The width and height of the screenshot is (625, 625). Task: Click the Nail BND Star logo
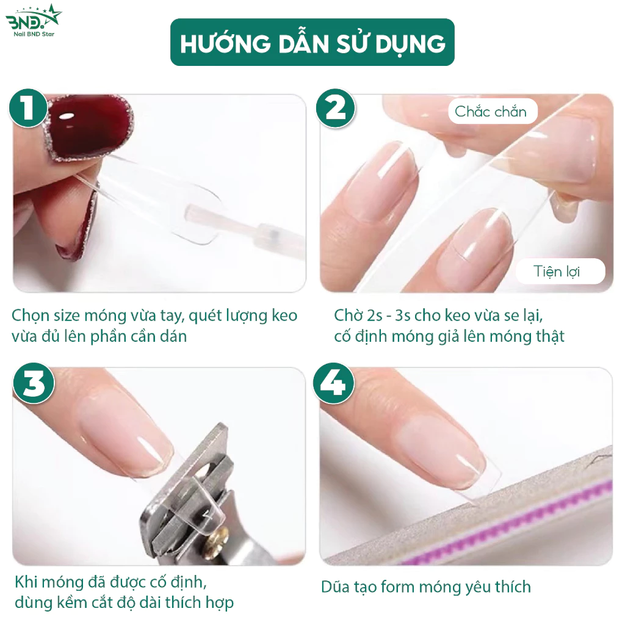(34, 20)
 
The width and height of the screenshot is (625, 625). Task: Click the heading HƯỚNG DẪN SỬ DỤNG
(312, 43)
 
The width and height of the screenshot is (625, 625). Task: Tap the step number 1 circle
(28, 108)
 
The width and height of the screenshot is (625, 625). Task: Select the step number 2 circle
(335, 108)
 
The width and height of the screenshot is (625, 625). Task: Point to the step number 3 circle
(34, 383)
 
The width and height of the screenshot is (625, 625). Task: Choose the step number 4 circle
(334, 383)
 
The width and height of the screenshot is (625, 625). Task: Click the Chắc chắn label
(491, 111)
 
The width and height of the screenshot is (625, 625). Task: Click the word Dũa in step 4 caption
(335, 587)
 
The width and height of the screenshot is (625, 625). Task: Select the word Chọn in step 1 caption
(29, 316)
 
